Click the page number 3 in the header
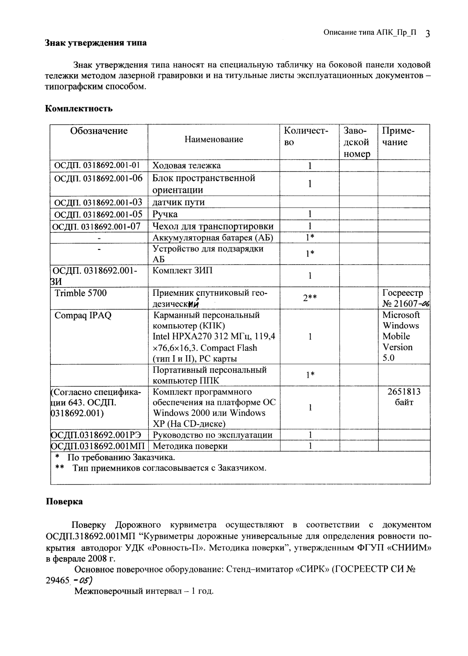(427, 34)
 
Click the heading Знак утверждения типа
(95, 43)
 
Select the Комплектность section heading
(79, 109)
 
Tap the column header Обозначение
(99, 131)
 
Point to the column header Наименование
(214, 139)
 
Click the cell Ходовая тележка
(186, 166)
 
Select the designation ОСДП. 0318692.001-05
(98, 214)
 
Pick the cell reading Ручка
(165, 214)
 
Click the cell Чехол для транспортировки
(213, 226)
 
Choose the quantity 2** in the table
(310, 298)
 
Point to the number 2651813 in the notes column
(404, 392)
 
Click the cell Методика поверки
(190, 446)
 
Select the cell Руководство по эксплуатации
(212, 435)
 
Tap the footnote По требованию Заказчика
(121, 457)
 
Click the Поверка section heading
(64, 502)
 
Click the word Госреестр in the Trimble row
(402, 293)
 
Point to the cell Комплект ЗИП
(182, 271)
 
